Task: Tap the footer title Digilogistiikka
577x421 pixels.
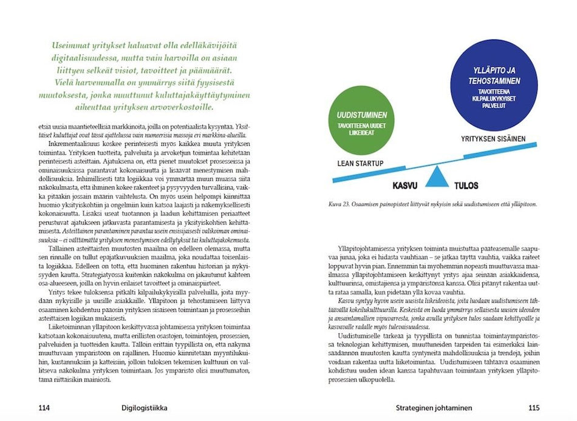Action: [x=145, y=408]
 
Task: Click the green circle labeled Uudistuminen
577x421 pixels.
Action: [x=362, y=120]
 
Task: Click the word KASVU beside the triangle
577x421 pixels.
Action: [x=406, y=186]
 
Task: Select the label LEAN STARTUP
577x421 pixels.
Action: [x=361, y=163]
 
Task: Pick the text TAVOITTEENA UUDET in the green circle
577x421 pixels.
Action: [x=362, y=127]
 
